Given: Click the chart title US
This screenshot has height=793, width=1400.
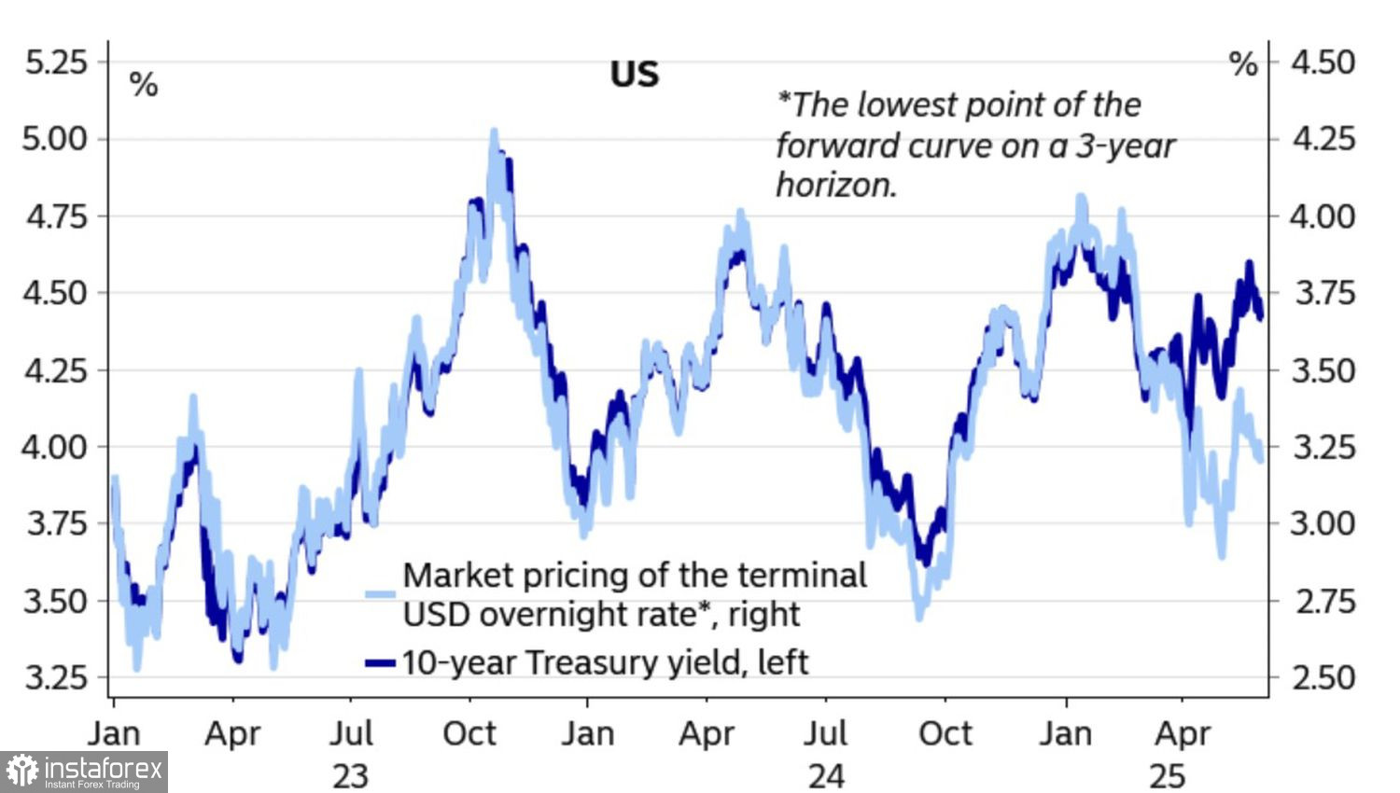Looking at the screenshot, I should [x=635, y=74].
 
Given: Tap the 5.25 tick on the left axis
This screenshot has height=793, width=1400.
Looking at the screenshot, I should [x=55, y=63].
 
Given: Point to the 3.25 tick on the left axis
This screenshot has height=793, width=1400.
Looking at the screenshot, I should [x=55, y=676].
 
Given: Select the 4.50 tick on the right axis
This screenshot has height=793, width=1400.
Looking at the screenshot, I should [x=1323, y=63].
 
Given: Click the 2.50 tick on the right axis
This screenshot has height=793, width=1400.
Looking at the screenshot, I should [x=1323, y=676].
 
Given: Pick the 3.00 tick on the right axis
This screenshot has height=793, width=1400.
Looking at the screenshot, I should [x=1323, y=522].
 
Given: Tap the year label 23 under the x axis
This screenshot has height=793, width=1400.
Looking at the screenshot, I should [x=350, y=774].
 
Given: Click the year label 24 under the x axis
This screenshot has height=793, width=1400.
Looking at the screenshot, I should [x=826, y=774].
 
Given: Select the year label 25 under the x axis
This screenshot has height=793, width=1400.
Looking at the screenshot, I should [x=1167, y=774].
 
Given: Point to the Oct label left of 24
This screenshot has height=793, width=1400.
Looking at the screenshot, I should [x=469, y=734].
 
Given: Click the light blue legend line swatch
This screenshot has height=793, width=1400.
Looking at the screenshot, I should [x=380, y=593].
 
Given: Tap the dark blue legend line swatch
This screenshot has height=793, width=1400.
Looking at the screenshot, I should [x=380, y=662].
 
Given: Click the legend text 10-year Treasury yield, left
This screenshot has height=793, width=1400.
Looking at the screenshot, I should [x=605, y=662].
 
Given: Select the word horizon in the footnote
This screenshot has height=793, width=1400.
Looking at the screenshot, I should [x=835, y=185].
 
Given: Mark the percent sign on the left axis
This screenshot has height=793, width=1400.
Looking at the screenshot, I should [x=143, y=85].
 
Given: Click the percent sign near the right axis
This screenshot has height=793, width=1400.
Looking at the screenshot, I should [x=1243, y=64].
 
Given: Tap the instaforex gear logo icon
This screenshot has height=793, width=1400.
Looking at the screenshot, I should [x=21, y=772].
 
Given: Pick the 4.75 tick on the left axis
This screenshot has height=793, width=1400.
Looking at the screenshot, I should [x=55, y=216].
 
